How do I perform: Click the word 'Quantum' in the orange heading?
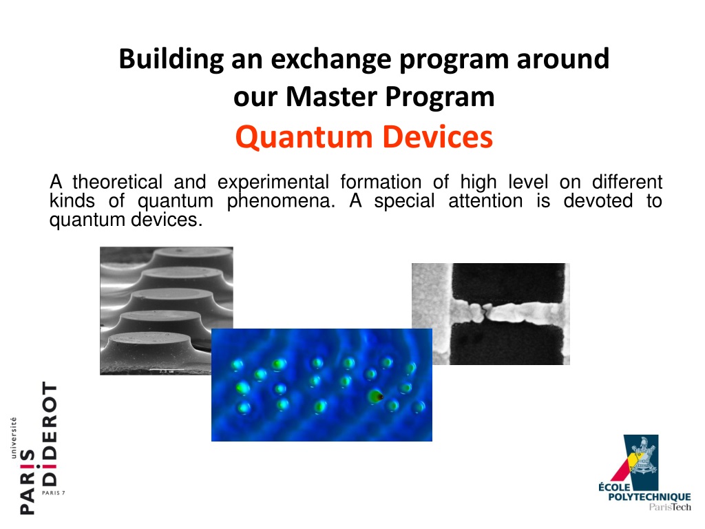[304, 137]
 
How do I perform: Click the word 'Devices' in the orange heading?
[437, 137]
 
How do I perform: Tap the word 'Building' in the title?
[171, 60]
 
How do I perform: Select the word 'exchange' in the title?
[331, 60]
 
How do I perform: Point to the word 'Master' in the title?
[331, 96]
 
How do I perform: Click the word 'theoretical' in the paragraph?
[117, 182]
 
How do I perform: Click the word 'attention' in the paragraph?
[485, 200]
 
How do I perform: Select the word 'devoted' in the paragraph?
[598, 200]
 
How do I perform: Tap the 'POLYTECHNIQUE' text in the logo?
[649, 497]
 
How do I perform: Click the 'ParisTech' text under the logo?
[670, 508]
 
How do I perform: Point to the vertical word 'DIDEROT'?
[50, 434]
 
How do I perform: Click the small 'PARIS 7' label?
[54, 493]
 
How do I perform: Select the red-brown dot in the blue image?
[379, 397]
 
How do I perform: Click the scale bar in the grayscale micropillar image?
[167, 370]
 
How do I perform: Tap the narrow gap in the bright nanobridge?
[485, 312]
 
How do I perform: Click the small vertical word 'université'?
[14, 437]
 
